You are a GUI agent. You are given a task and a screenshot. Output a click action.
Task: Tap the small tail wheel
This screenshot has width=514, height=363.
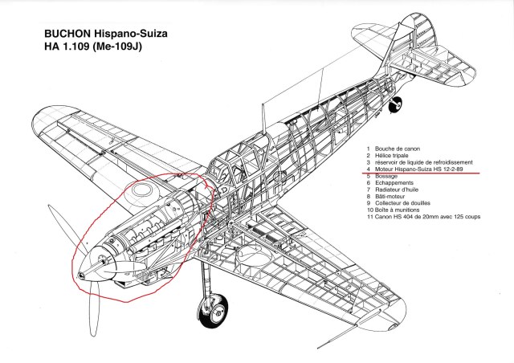[x=394, y=105]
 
